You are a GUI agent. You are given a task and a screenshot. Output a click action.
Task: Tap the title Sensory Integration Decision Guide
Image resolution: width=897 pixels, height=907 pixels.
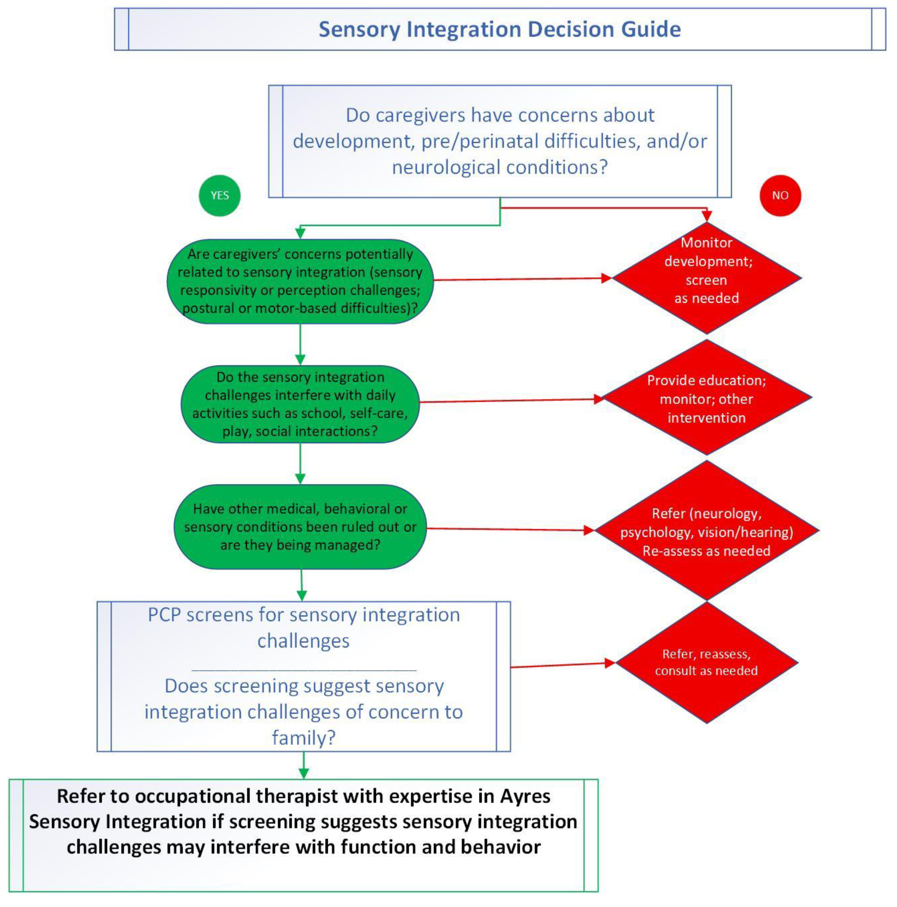point(500,29)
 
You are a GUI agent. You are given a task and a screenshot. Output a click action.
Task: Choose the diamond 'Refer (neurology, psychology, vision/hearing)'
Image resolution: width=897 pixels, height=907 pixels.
point(707,531)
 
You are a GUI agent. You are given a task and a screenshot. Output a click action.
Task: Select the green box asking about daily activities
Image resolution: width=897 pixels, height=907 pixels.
point(300,404)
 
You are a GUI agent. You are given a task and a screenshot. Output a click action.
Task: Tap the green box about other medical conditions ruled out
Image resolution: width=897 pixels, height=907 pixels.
point(300,527)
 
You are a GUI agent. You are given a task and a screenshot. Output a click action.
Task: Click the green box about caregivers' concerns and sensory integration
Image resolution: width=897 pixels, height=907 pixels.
point(300,281)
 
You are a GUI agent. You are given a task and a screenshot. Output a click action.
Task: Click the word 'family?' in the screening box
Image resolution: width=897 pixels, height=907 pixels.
point(304,738)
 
